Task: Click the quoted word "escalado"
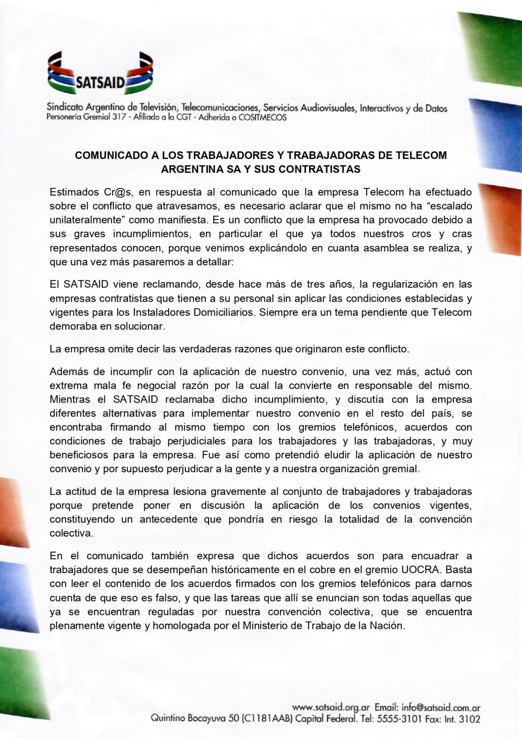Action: (447, 206)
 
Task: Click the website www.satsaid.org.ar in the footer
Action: (331, 708)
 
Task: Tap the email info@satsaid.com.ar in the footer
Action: (441, 708)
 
